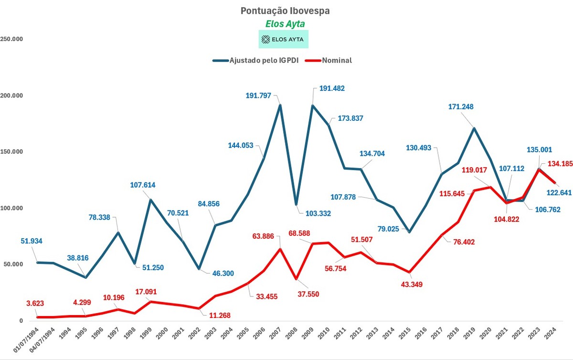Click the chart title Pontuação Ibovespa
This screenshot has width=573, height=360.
[285, 11]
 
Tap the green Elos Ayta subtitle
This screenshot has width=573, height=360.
[285, 23]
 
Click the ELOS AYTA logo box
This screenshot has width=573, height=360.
[284, 40]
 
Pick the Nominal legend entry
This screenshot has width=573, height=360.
[329, 60]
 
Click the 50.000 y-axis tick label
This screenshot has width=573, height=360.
[13, 265]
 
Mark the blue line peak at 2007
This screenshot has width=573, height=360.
[280, 105]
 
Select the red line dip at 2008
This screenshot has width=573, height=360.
[297, 279]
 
